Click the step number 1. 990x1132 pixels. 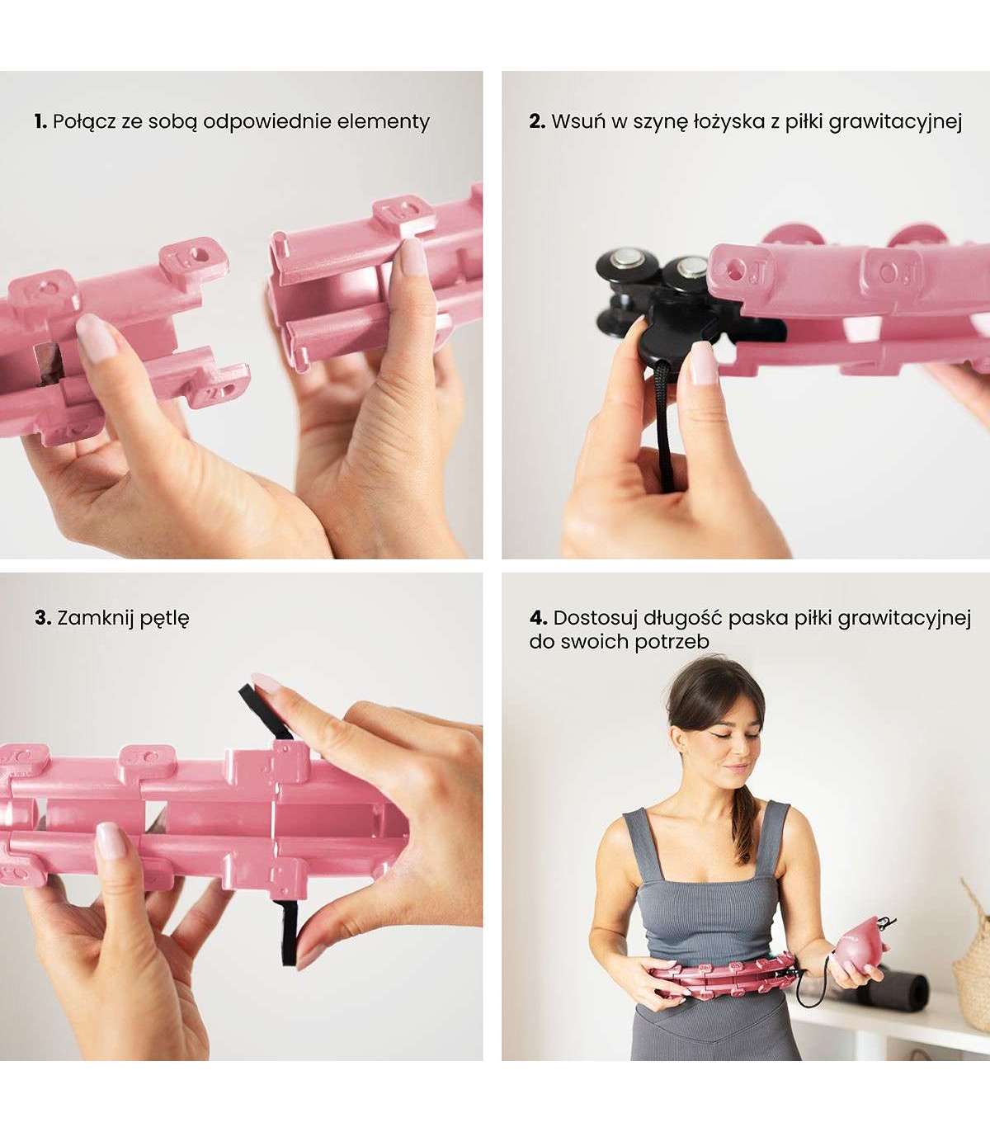40,122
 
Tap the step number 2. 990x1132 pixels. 537,122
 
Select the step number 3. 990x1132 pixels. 43,617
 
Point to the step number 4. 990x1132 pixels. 538,617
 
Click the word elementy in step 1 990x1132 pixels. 384,122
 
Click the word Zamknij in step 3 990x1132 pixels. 95,618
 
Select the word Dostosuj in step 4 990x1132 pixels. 593,617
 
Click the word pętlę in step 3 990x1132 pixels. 164,619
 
